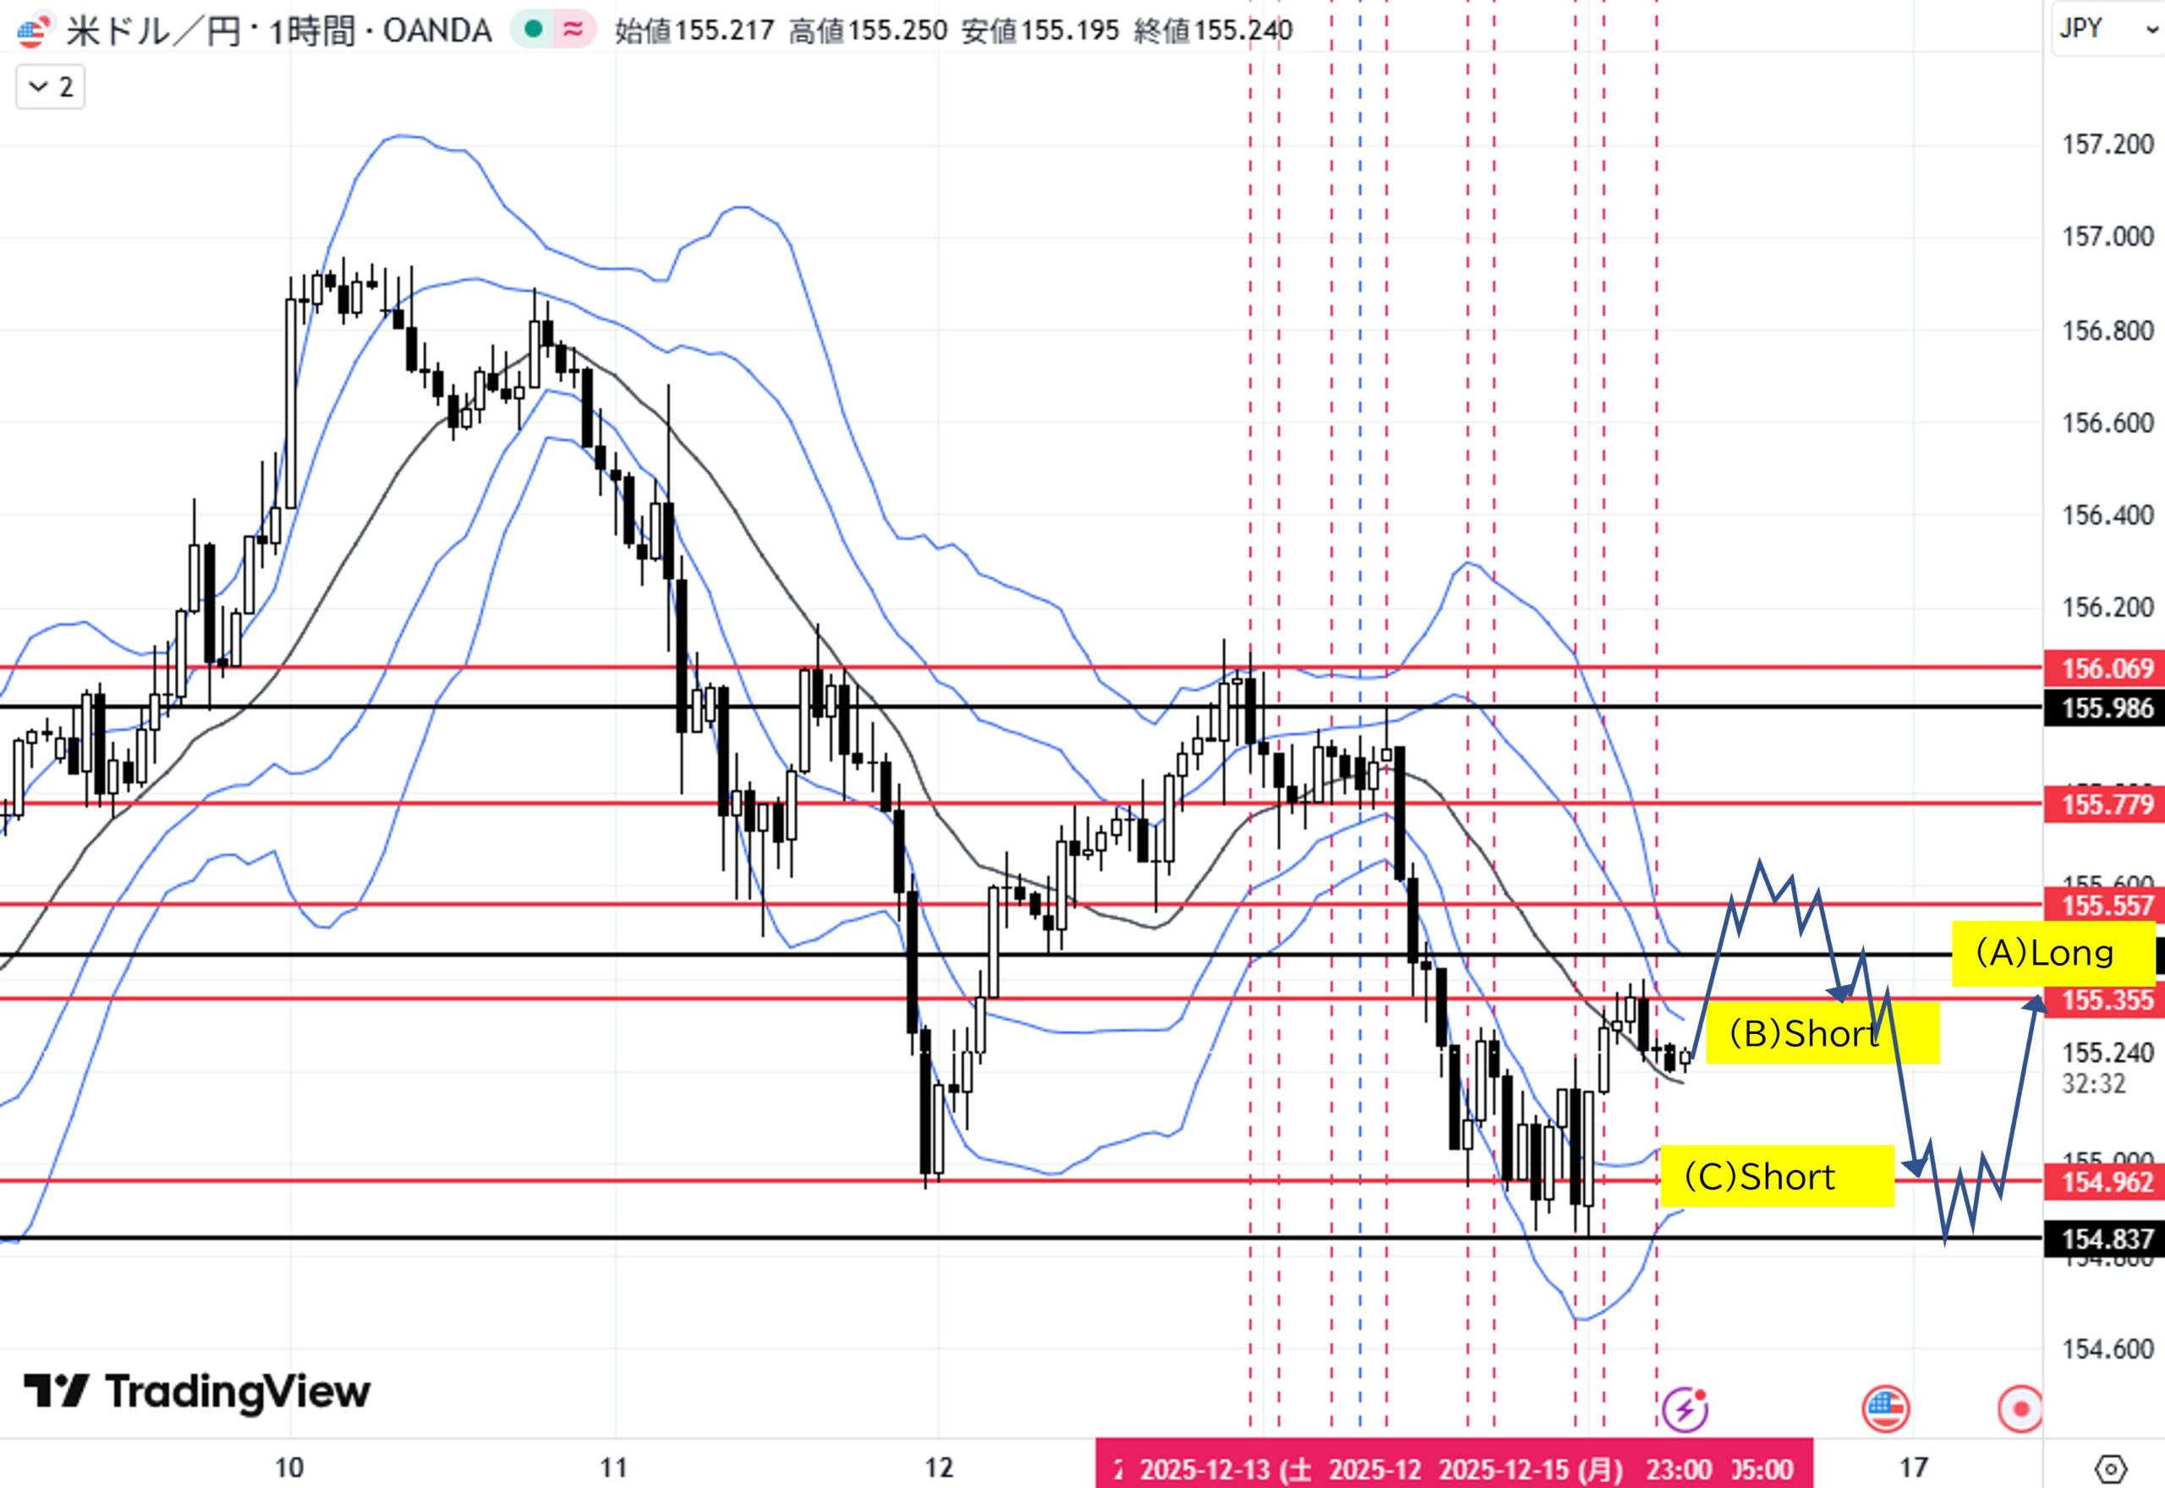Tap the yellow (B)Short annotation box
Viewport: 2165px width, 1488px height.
[x=1822, y=1033]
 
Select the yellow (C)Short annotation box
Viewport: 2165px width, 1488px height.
[x=1777, y=1177]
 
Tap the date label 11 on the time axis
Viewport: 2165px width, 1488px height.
[x=613, y=1469]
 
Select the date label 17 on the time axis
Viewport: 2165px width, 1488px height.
[x=1913, y=1469]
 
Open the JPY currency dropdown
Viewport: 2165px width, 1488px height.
[x=2107, y=28]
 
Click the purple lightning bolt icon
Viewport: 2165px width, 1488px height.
[x=1685, y=1409]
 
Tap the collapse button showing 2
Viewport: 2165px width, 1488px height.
[x=52, y=88]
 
